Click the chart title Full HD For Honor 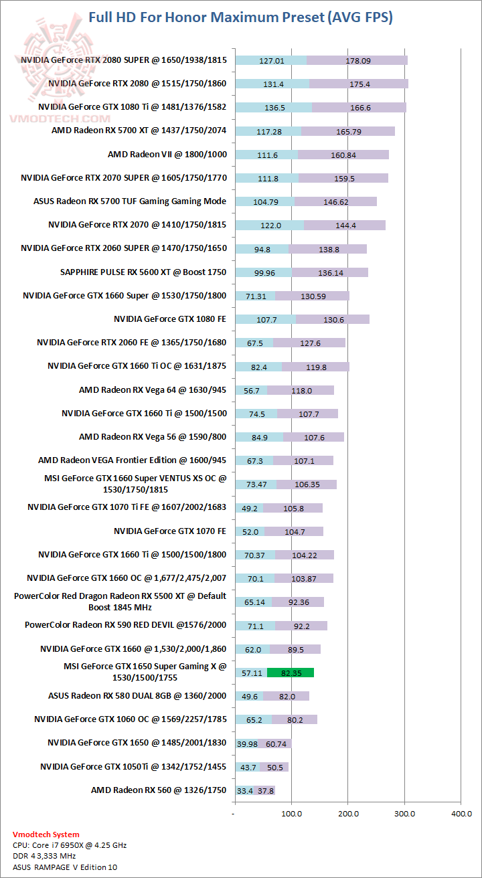[x=240, y=17]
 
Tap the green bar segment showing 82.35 [x=291, y=672]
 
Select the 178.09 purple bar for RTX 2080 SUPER [x=357, y=60]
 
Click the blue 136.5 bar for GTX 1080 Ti [x=273, y=107]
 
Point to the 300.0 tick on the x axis [x=404, y=813]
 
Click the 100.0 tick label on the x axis [x=291, y=813]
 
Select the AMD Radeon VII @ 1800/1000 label [x=167, y=155]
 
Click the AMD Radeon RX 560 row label [x=159, y=790]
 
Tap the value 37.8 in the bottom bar [x=266, y=790]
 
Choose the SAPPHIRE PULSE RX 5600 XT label [x=143, y=272]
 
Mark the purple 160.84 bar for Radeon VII [x=343, y=155]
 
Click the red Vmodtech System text [x=46, y=835]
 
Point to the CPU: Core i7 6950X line [x=70, y=845]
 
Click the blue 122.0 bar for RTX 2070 [x=270, y=225]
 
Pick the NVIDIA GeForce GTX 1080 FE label [x=170, y=319]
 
